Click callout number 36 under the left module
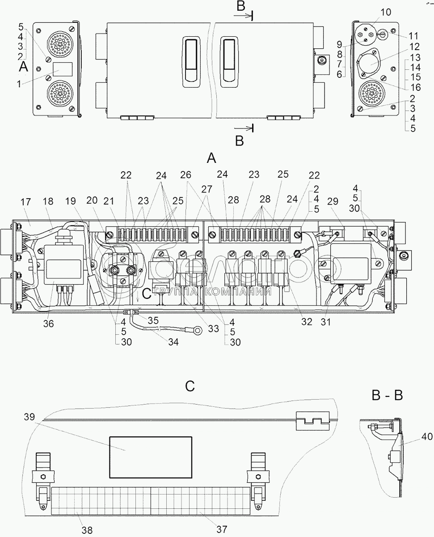click(48, 323)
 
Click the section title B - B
click(387, 395)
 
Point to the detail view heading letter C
click(190, 386)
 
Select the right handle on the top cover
click(229, 60)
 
